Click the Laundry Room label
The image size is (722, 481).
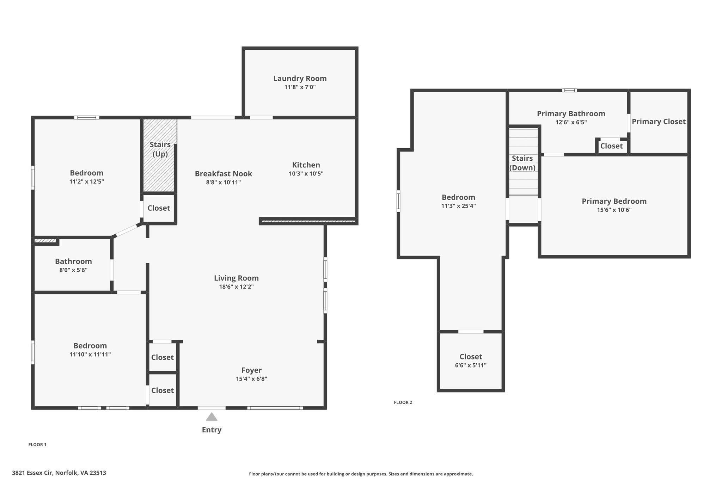(300, 79)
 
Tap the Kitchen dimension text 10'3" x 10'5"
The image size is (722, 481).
(306, 174)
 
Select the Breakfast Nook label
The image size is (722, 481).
(224, 174)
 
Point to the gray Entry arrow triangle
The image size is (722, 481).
(212, 417)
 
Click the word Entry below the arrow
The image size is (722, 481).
(212, 430)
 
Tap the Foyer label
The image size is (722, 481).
(251, 370)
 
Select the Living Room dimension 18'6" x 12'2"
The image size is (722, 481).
(236, 287)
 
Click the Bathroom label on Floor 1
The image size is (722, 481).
(73, 261)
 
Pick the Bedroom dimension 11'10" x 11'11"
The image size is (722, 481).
(90, 354)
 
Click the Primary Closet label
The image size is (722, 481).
(659, 122)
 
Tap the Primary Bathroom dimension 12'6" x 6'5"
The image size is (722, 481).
(571, 123)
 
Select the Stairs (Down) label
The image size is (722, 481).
(522, 163)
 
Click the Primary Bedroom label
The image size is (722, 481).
(614, 201)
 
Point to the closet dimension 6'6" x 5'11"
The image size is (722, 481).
(471, 365)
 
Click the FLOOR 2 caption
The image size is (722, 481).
(403, 402)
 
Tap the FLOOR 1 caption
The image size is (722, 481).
(37, 445)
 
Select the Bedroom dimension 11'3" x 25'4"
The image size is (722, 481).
(458, 206)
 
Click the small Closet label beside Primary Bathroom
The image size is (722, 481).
(611, 146)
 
